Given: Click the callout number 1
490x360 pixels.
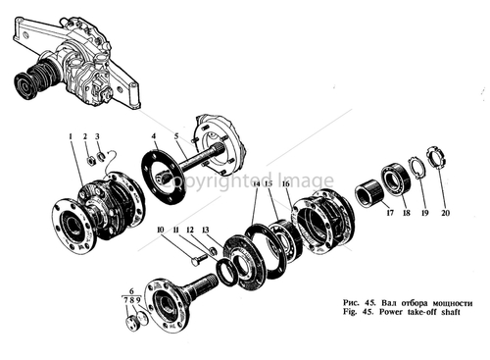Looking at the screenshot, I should pyautogui.click(x=70, y=132).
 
